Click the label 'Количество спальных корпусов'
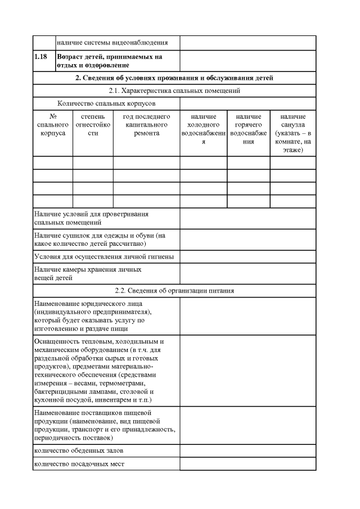[106, 103]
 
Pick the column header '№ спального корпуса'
[53, 125]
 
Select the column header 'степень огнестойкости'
[93, 125]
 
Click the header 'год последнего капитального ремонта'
[146, 125]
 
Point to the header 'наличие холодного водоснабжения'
[203, 129]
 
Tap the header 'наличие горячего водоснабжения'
[248, 129]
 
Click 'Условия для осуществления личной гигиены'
[103, 256]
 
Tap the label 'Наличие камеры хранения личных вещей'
[87, 273]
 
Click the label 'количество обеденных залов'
[79, 451]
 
